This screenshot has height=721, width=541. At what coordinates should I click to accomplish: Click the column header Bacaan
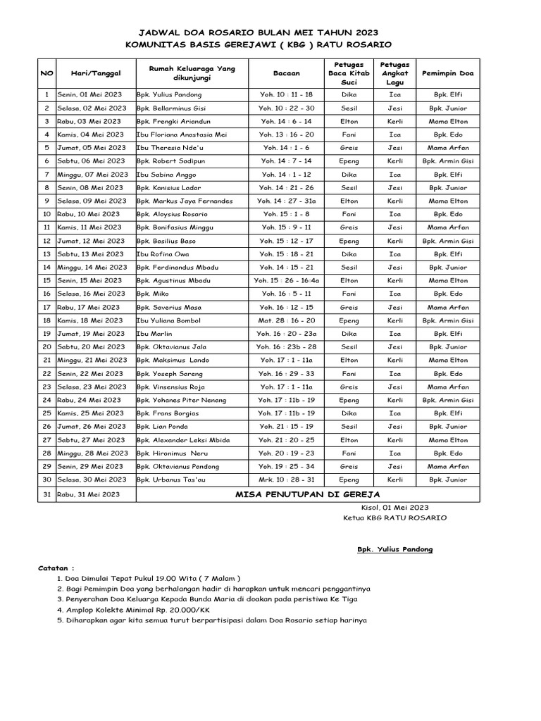[x=286, y=73]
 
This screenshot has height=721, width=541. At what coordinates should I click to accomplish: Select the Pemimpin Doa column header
[x=447, y=73]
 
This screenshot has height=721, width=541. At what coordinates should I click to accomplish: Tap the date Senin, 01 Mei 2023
[x=91, y=94]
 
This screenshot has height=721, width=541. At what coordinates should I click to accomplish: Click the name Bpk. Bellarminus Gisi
[x=171, y=108]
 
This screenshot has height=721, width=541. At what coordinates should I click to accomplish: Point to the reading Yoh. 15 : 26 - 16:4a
[x=286, y=280]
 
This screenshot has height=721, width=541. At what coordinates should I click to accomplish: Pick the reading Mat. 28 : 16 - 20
[x=286, y=320]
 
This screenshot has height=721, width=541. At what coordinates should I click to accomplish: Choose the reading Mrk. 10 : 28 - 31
[x=286, y=479]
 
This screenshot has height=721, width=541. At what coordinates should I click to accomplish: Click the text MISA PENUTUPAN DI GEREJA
[x=308, y=494]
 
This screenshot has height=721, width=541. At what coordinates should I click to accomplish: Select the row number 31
[x=46, y=494]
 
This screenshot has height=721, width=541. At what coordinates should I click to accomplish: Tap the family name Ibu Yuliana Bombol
[x=170, y=320]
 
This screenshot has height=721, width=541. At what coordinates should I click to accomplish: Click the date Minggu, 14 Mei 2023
[x=94, y=267]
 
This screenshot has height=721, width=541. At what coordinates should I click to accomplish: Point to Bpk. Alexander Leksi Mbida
[x=182, y=440]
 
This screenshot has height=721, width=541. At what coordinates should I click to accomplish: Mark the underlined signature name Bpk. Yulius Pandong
[x=395, y=549]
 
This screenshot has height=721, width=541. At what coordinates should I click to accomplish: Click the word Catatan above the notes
[x=56, y=568]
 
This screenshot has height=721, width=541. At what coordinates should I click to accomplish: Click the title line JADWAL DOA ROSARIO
[x=258, y=32]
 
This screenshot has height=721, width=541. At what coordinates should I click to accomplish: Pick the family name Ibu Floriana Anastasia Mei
[x=182, y=134]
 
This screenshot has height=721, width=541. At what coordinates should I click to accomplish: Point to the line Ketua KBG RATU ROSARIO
[x=393, y=518]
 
